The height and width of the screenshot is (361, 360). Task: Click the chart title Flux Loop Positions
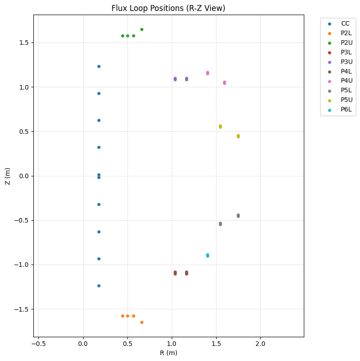coord(168,8)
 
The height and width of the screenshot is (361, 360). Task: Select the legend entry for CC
coord(345,23)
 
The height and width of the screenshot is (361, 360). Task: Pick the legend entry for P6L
coord(346,110)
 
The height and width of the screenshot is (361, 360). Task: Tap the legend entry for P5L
coord(346,90)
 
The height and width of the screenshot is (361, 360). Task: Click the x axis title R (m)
coord(168,353)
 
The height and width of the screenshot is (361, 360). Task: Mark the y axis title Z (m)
coord(8,176)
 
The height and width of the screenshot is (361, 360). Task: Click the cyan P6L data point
coord(207,255)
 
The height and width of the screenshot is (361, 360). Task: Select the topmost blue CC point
coord(99,66)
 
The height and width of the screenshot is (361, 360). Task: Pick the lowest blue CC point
coord(99,286)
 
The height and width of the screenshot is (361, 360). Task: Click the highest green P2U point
coord(142,29)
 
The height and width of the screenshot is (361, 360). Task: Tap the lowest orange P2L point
coord(142,322)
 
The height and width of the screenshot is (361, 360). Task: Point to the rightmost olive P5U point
coord(238,136)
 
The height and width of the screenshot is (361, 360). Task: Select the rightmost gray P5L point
coord(238,216)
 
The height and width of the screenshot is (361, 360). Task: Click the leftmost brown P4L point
coord(175,273)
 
